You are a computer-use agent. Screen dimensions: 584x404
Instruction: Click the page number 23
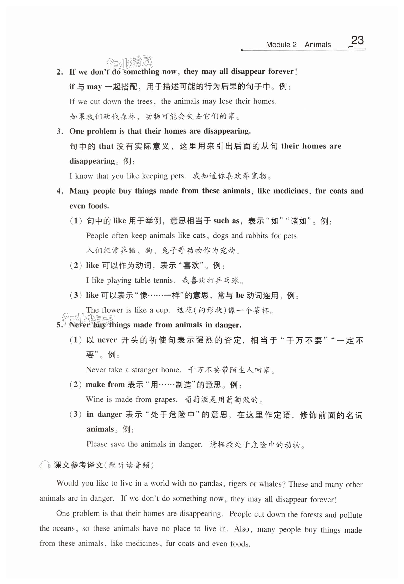pos(357,41)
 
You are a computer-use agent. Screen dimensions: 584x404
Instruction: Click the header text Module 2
pos(281,45)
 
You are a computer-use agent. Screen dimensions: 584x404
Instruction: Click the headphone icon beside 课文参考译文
pos(45,465)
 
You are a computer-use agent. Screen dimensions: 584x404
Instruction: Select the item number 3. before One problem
pos(60,131)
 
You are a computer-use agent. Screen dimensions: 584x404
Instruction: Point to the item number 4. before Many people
pos(60,191)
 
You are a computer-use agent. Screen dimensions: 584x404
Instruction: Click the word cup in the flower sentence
pos(162,310)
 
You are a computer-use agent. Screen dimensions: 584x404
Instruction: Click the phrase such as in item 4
pos(226,221)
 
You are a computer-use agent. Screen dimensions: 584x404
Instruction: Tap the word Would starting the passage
pos(67,483)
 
